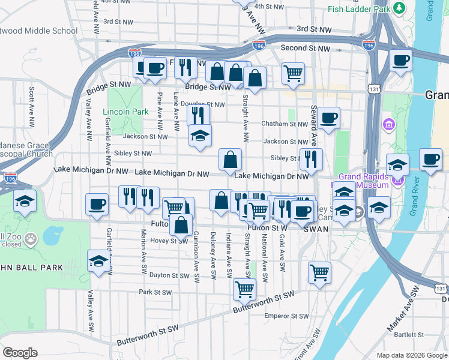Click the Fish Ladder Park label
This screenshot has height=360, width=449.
358,9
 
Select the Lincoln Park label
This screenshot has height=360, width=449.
125,112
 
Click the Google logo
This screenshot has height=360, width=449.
20,352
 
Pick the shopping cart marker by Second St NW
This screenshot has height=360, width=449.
293,73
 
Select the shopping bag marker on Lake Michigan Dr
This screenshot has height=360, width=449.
230,160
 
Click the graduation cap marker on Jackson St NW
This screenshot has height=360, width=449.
200,136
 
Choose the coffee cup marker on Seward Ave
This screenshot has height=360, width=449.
328,118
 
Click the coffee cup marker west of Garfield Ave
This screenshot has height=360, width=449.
97,205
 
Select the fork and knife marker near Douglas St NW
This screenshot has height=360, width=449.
198,115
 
